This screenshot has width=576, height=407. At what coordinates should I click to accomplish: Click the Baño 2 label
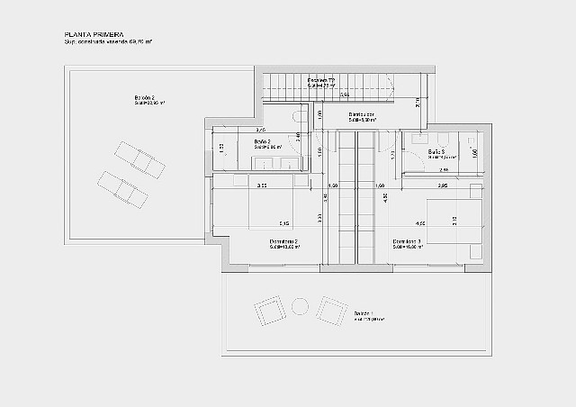263,141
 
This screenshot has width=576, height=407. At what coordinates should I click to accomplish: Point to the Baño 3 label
436,151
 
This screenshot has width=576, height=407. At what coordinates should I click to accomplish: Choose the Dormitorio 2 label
283,241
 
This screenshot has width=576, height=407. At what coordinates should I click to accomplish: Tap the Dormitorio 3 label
407,241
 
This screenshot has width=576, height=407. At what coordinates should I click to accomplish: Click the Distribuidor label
362,114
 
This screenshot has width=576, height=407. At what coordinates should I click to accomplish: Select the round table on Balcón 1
297,307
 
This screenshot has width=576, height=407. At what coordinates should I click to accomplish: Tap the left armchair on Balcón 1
267,312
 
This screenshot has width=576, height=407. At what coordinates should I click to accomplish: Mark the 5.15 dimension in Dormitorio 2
283,222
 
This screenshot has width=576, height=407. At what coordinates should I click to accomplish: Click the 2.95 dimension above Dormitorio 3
442,185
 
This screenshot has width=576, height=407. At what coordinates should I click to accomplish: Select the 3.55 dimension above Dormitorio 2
262,185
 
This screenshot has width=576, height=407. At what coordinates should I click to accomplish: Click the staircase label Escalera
320,80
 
